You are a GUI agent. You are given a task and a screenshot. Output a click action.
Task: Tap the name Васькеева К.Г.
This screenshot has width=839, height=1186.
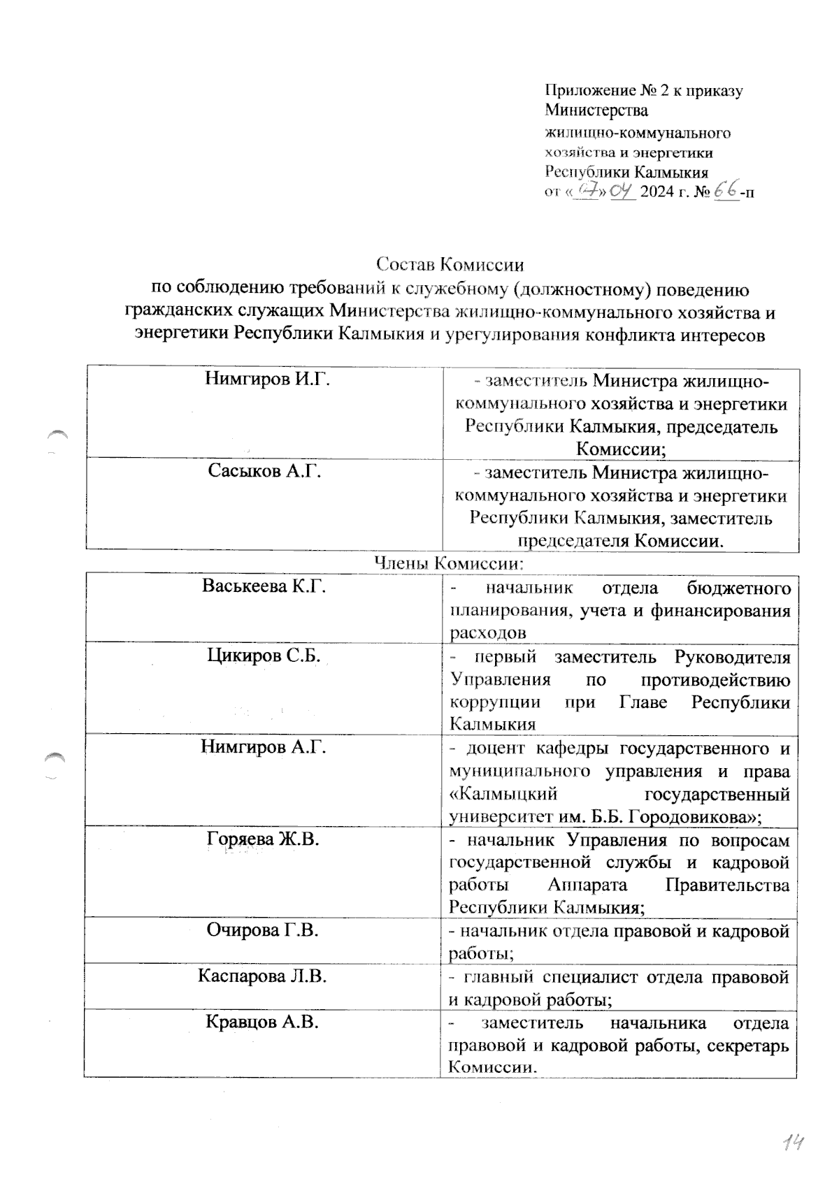(264, 586)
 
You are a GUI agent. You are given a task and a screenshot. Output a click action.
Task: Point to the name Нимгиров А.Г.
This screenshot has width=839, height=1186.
(264, 747)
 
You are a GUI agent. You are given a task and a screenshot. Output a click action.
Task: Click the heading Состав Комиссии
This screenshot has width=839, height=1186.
(450, 265)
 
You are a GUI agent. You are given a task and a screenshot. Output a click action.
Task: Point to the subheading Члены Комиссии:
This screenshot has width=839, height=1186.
(450, 562)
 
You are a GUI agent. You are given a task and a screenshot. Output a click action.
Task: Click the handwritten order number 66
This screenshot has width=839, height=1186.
(727, 191)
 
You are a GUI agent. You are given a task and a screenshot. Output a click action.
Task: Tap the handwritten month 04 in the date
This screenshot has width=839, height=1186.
(622, 191)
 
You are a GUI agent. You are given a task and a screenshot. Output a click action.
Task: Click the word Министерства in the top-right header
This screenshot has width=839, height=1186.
(596, 110)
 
